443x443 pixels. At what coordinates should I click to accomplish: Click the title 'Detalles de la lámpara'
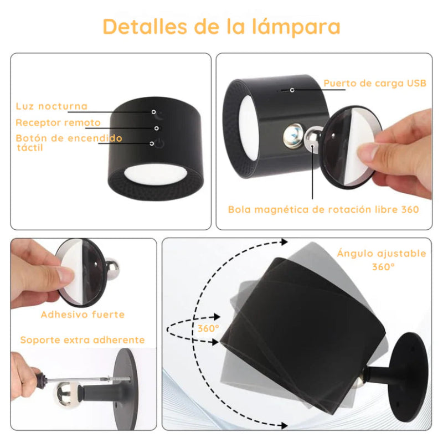click(x=221, y=26)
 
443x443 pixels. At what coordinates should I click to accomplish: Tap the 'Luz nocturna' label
click(x=51, y=106)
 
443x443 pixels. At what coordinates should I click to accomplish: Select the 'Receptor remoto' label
click(x=58, y=123)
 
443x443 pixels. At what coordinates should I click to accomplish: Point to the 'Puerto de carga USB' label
click(x=375, y=84)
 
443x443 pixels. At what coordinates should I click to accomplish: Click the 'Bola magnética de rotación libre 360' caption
click(x=323, y=209)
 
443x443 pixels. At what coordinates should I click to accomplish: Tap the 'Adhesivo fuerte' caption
click(x=83, y=315)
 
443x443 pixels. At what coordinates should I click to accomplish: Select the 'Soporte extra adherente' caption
click(x=83, y=340)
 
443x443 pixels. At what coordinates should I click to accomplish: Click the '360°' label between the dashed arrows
click(x=208, y=328)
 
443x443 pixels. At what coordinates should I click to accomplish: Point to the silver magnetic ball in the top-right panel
click(x=312, y=138)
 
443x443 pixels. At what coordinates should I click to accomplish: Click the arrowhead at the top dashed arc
click(x=284, y=242)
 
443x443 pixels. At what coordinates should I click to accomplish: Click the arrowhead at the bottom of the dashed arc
click(x=284, y=425)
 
